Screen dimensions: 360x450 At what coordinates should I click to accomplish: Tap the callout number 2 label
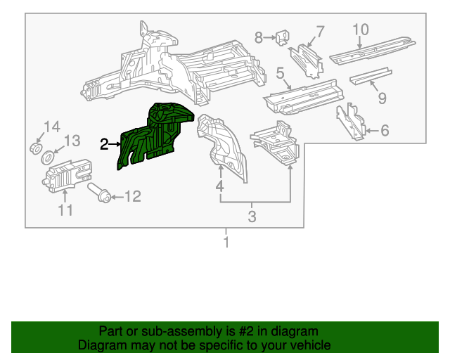(x=104, y=144)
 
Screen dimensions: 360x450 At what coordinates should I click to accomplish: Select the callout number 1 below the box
(x=226, y=243)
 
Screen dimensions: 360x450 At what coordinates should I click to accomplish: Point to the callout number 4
(x=219, y=186)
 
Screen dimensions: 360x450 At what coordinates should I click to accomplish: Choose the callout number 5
(x=280, y=73)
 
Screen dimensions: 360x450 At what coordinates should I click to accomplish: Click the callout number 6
(x=384, y=130)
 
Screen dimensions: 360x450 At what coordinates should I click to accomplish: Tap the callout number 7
(x=320, y=31)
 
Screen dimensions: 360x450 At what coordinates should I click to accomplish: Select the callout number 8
(x=258, y=37)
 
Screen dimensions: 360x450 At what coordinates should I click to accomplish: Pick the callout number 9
(x=382, y=98)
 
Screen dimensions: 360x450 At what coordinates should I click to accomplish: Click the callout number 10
(x=360, y=29)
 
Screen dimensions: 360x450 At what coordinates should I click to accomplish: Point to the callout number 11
(x=65, y=210)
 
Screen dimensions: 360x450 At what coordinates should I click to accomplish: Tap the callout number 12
(x=133, y=196)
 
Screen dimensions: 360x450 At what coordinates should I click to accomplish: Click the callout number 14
(x=53, y=127)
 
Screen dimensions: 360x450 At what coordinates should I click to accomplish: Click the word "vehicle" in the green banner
(x=309, y=345)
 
